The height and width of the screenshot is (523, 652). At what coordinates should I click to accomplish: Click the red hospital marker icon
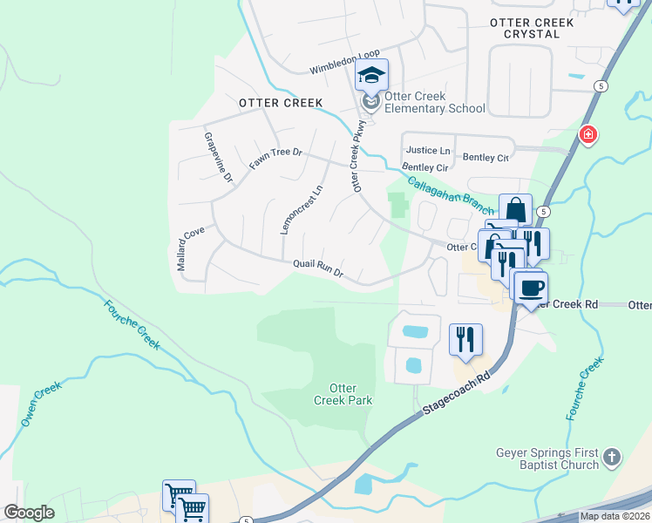tap(588, 135)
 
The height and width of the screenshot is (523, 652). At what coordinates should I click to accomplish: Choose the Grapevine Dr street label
tap(219, 157)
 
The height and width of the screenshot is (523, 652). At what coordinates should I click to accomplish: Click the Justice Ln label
tap(427, 151)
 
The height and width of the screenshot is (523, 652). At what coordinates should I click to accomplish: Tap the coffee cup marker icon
tap(530, 288)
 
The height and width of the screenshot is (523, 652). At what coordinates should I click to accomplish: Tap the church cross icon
tap(613, 457)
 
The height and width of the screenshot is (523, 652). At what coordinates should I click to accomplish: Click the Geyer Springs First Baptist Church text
tap(547, 458)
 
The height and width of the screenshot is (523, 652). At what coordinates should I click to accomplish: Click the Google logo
tap(29, 513)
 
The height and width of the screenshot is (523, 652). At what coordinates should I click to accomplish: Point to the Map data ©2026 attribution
tap(614, 516)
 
